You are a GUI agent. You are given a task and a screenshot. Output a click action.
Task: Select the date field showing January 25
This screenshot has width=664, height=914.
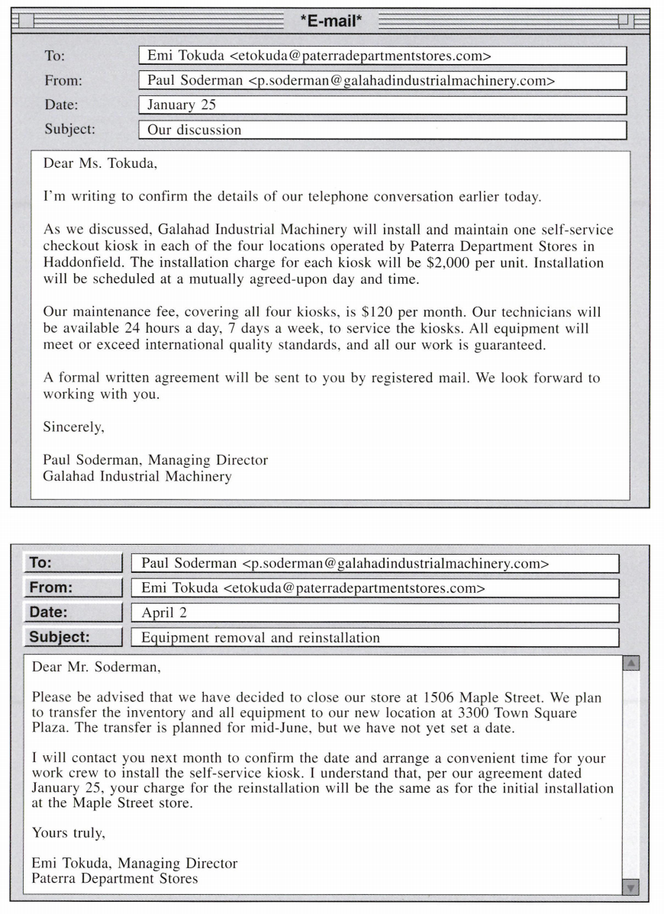[x=382, y=105]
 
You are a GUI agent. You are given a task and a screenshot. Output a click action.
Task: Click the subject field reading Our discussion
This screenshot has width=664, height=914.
[x=382, y=130]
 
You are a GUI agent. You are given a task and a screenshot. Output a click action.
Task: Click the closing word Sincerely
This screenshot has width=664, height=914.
[x=73, y=427]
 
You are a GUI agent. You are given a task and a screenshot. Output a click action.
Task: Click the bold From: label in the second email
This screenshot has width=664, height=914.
[x=50, y=588]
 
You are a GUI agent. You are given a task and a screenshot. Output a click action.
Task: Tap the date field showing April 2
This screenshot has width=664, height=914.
[x=374, y=613]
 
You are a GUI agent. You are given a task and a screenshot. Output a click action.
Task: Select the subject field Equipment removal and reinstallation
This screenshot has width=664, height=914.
[x=374, y=637]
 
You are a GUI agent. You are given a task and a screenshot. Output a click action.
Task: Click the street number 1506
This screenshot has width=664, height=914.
[x=437, y=697]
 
